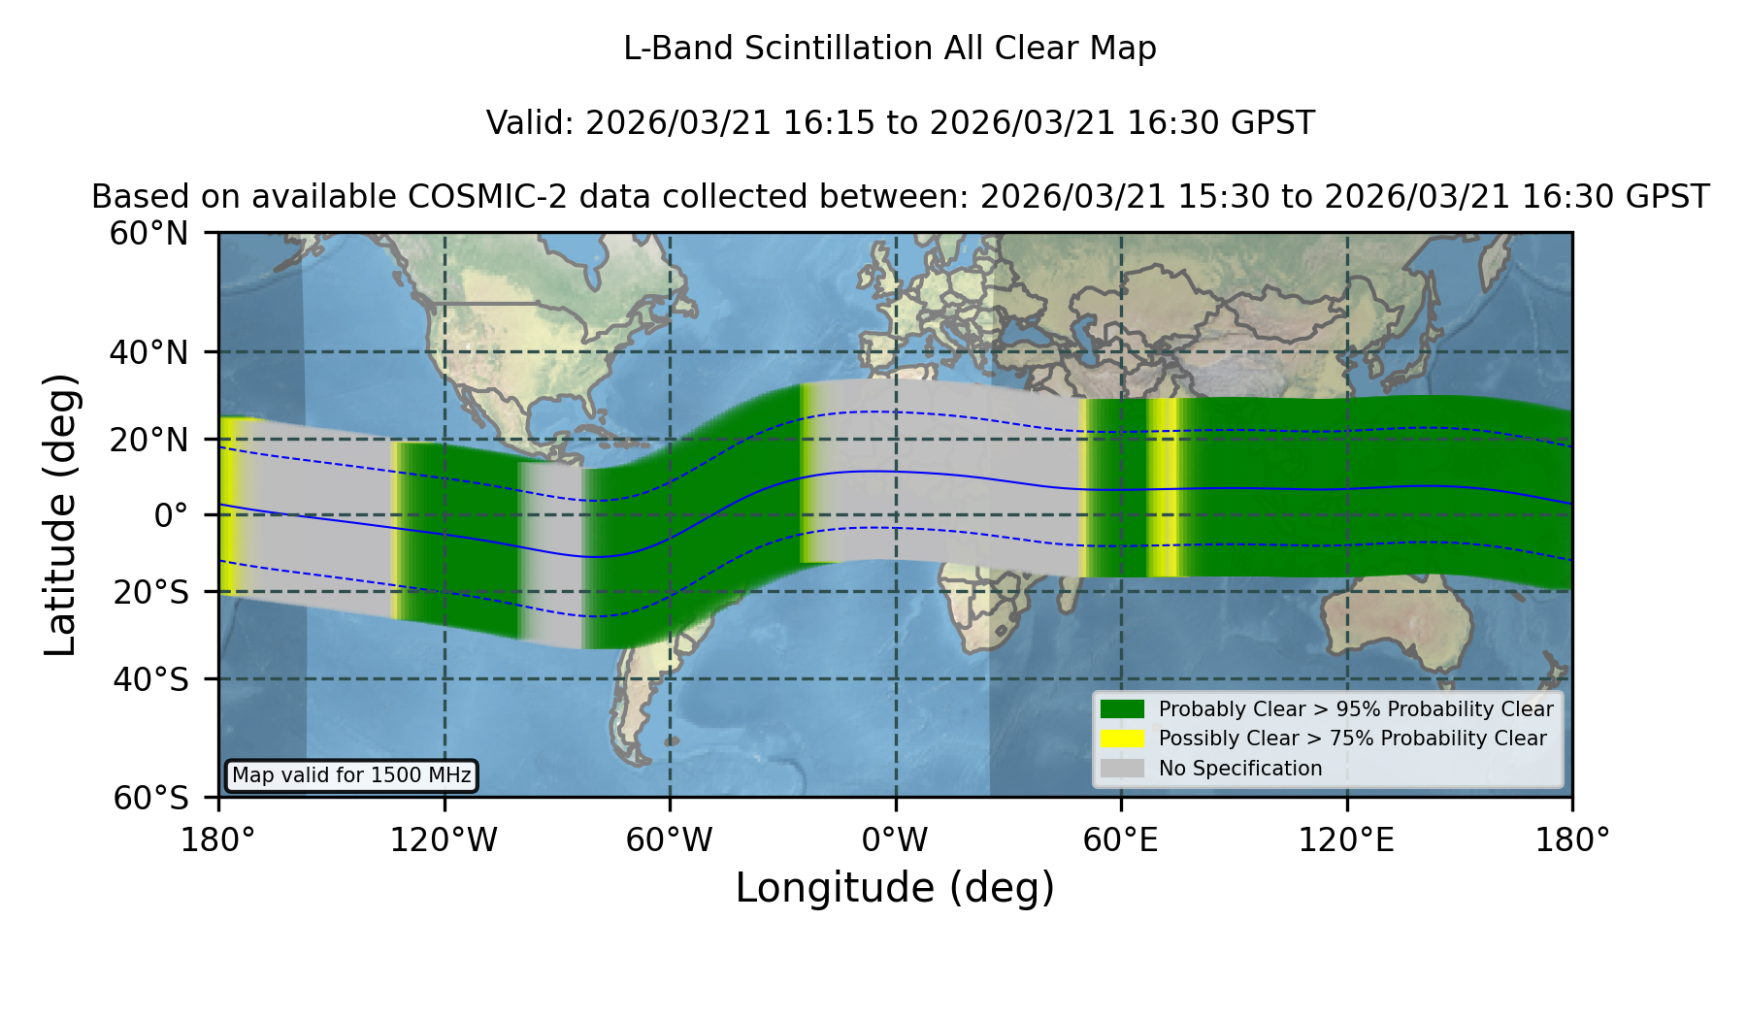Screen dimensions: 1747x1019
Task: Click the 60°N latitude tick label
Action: pos(148,234)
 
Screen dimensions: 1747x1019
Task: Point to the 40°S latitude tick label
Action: pos(150,679)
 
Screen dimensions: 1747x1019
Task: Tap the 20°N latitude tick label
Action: pos(148,440)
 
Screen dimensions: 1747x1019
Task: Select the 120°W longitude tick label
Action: pos(444,839)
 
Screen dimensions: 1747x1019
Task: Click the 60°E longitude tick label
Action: pos(1121,839)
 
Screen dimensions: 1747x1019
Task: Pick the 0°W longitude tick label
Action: pos(895,839)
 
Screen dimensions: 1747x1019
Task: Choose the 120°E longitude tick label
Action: pos(1346,839)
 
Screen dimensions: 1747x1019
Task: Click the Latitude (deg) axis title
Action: pos(61,514)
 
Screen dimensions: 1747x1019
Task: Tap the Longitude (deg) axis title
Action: pos(895,888)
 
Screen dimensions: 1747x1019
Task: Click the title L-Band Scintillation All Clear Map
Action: pos(890,49)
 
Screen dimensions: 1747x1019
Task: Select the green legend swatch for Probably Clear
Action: pos(1123,709)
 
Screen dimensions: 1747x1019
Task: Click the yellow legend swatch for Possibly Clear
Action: pos(1123,739)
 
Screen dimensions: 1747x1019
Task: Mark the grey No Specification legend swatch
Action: pos(1123,769)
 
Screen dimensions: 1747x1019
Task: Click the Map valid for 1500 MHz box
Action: pos(351,775)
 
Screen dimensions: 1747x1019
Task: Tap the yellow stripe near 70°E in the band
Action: pos(1165,487)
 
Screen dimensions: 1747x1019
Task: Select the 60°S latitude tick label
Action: pos(150,798)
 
